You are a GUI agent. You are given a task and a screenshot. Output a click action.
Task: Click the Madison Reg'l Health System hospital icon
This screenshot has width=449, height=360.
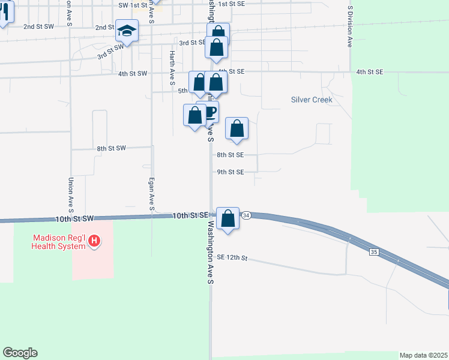(94, 241)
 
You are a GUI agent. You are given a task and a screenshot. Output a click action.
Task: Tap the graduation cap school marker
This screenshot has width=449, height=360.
(127, 30)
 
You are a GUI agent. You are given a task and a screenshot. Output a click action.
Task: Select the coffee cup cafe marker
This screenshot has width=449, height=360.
(208, 112)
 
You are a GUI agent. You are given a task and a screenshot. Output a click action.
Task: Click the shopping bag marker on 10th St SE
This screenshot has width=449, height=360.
(228, 218)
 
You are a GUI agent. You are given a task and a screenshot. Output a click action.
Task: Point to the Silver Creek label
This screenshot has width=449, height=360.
(312, 100)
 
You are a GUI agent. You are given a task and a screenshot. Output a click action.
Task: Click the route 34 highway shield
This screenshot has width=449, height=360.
(246, 214)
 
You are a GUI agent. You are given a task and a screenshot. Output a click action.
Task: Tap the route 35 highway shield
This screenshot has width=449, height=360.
(374, 253)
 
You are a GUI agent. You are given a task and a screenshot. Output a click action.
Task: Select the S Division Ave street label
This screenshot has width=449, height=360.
(349, 27)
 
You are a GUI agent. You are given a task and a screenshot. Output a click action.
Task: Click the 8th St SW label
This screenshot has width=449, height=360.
(111, 148)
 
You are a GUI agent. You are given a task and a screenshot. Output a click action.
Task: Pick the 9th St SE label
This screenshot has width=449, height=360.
(231, 172)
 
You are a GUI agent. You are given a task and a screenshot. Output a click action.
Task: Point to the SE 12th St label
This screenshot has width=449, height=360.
(232, 257)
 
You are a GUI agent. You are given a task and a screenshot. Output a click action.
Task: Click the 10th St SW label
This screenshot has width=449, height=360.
(74, 220)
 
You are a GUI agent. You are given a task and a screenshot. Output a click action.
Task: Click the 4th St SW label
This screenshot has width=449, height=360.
(133, 74)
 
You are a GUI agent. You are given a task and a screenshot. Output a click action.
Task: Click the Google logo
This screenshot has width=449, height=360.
(20, 353)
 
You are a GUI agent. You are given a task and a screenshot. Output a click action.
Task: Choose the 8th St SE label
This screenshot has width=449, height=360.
(231, 154)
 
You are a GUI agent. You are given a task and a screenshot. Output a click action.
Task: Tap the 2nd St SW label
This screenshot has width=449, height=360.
(38, 27)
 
